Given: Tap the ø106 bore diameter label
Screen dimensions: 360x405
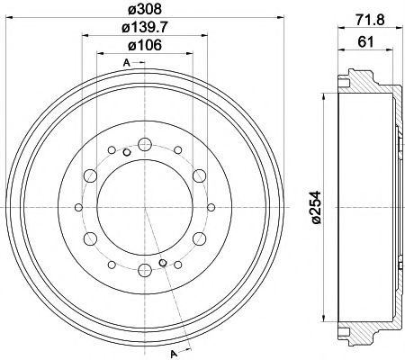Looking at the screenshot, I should point(145,47).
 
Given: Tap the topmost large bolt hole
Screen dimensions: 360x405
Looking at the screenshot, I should point(145,144).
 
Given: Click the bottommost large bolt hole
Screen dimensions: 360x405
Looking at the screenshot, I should point(145,269).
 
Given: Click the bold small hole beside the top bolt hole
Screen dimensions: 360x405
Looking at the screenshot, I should point(128,151).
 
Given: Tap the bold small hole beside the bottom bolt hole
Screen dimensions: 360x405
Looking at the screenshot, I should point(162,263).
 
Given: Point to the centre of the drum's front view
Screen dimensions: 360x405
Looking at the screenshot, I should point(145,207).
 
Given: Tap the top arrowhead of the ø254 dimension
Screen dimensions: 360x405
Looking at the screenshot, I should point(321,99).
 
